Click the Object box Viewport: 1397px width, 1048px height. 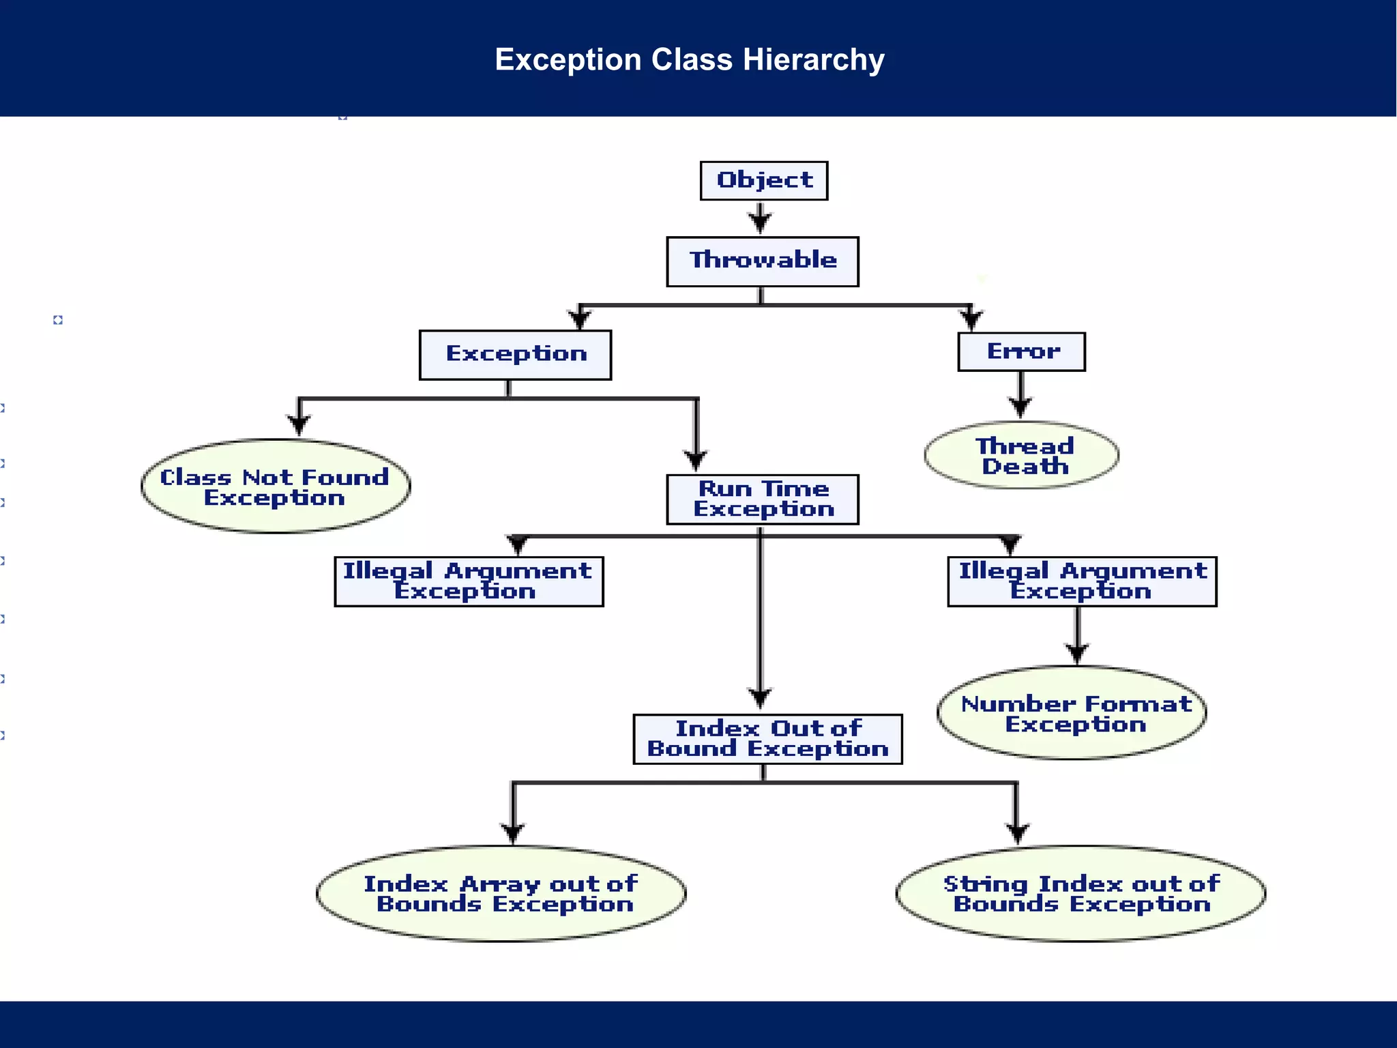tap(763, 181)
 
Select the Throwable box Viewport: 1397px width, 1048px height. tap(762, 261)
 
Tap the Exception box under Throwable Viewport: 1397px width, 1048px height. tap(515, 355)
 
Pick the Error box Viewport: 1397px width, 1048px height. tap(1021, 352)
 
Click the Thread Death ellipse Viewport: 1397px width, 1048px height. tap(1021, 456)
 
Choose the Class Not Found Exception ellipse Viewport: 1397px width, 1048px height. tap(276, 486)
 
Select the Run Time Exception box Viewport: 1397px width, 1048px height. tap(762, 499)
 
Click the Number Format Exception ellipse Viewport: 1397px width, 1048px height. tap(1072, 713)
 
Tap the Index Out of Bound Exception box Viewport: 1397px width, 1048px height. tap(767, 739)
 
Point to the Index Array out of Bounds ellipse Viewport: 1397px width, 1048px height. tap(501, 894)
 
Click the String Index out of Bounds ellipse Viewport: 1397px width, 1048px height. tap(1080, 894)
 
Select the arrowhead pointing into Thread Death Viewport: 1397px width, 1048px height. tap(1020, 407)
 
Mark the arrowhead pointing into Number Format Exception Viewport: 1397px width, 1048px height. tap(1077, 652)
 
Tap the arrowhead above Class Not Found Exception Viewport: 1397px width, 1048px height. tap(299, 424)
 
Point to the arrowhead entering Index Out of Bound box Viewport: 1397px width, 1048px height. tap(760, 697)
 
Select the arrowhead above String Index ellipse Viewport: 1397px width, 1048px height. tap(1017, 832)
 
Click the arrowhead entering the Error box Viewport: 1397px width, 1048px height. tap(971, 319)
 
